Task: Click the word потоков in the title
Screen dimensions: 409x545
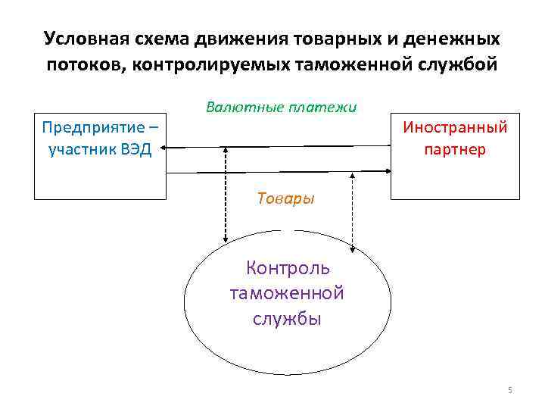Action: click(84, 64)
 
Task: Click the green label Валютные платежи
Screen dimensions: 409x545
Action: click(281, 107)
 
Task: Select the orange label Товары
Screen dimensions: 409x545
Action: click(285, 198)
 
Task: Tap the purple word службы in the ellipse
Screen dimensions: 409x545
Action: click(288, 318)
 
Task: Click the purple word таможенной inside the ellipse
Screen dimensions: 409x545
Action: click(288, 293)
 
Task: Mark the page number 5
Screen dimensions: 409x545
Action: click(509, 390)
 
